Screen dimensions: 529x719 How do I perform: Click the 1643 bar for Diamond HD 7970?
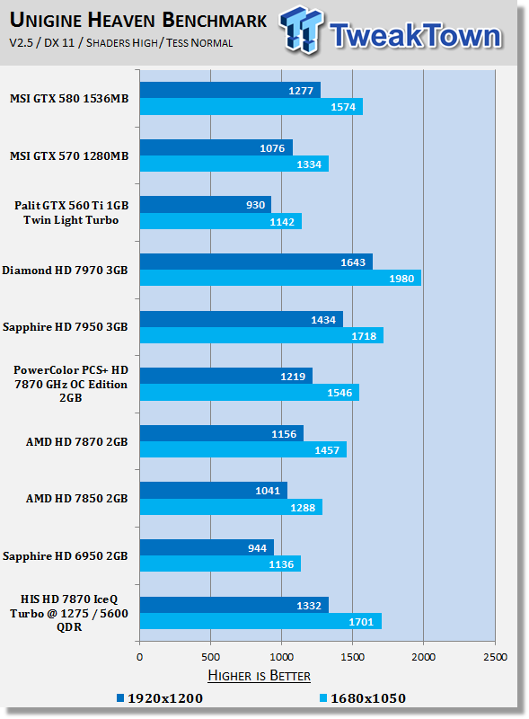[256, 262]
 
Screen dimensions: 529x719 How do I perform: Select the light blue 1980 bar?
[280, 278]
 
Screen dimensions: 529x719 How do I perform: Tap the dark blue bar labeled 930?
[206, 205]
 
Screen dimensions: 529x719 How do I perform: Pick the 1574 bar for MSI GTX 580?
[251, 106]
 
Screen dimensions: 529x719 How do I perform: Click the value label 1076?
[272, 148]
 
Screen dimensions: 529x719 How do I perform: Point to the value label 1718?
[364, 336]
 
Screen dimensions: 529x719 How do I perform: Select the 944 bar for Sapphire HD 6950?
[207, 547]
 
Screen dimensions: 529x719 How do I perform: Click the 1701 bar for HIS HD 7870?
[260, 621]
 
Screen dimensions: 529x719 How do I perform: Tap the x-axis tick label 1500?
[352, 657]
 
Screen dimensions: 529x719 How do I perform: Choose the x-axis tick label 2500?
[495, 657]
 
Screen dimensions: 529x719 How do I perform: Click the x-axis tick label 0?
[140, 657]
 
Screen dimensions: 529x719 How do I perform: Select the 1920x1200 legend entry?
[160, 698]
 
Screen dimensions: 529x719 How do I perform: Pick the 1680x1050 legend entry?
[363, 698]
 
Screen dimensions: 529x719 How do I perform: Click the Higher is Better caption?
[259, 676]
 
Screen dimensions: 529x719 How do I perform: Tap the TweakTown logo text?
[415, 35]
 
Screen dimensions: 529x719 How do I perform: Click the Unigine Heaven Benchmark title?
[138, 20]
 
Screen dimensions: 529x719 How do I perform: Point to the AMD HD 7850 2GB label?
[76, 499]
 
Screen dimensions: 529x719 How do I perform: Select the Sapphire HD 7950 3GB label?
[65, 327]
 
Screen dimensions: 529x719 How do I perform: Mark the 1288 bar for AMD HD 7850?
[231, 507]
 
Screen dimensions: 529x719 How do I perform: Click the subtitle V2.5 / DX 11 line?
[121, 42]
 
